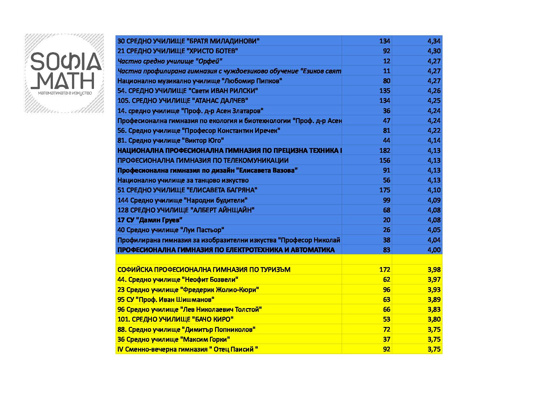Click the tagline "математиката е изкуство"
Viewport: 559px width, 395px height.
(x=65, y=93)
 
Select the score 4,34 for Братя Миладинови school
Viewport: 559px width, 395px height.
(x=434, y=41)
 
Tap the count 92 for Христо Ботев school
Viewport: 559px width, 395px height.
(x=386, y=51)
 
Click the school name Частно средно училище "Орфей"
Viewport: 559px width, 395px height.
(x=170, y=61)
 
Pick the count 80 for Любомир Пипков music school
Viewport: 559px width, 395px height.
(x=386, y=81)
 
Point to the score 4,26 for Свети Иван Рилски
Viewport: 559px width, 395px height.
(x=434, y=91)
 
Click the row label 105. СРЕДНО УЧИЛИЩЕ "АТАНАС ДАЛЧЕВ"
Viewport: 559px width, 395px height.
(x=183, y=101)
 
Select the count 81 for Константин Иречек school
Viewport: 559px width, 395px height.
(x=386, y=130)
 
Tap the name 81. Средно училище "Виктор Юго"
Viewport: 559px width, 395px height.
(x=171, y=140)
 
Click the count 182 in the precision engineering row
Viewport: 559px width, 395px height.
(x=384, y=150)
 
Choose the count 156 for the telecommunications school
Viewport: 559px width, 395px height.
(x=384, y=160)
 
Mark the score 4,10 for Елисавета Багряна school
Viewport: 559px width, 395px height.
(x=434, y=190)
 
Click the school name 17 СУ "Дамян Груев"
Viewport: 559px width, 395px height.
(x=150, y=220)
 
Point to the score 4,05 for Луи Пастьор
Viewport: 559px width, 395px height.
(x=434, y=230)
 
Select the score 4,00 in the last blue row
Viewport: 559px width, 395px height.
(x=434, y=250)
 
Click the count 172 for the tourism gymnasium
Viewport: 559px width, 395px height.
(x=384, y=270)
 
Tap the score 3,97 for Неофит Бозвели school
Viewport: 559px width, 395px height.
(x=434, y=279)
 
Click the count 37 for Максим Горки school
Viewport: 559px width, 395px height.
(x=386, y=339)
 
